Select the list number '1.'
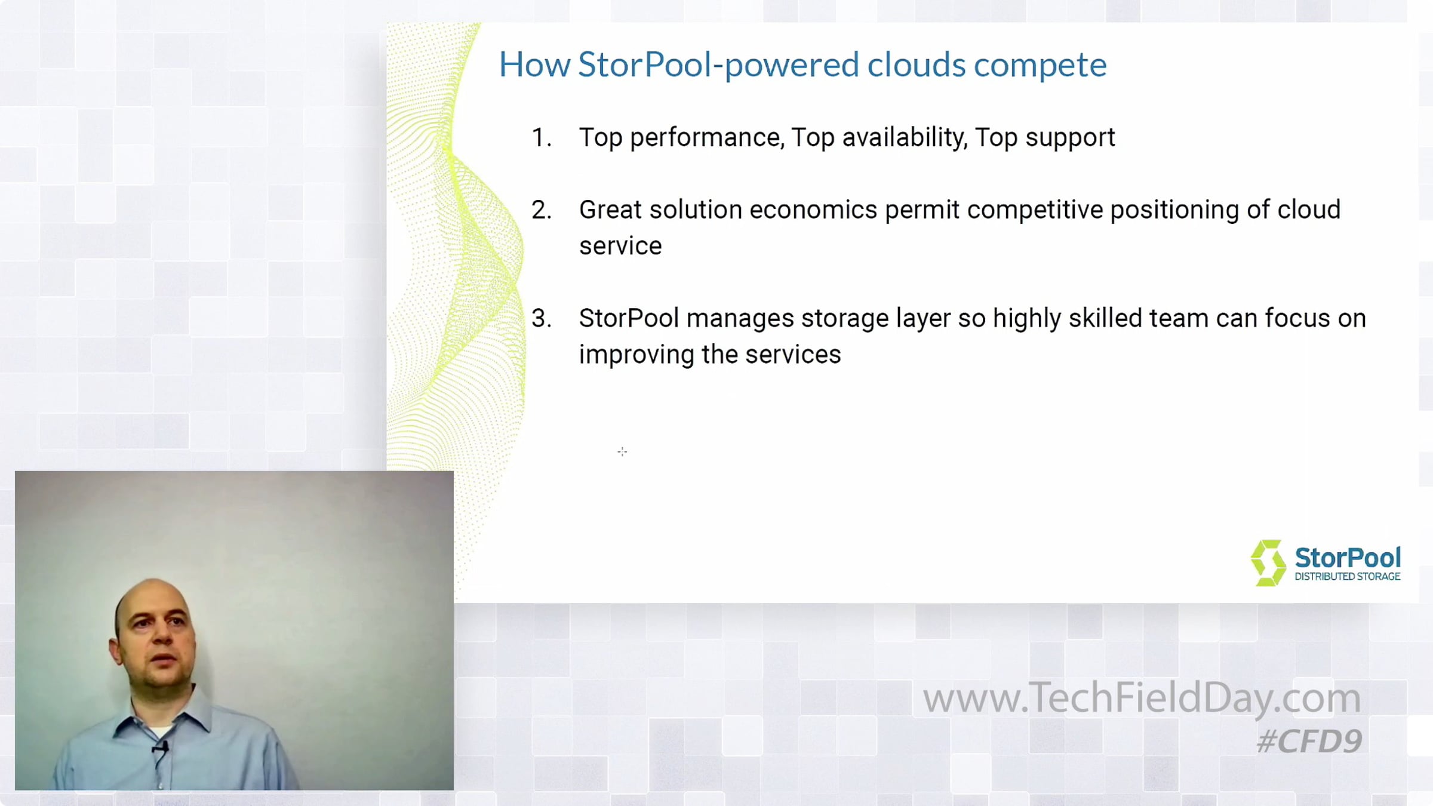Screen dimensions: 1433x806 [541, 138]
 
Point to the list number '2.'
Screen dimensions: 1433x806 [542, 210]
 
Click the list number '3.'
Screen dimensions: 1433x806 [542, 318]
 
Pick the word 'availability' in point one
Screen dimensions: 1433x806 [904, 139]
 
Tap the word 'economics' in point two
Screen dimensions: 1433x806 [813, 210]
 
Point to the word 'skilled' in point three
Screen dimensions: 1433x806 [1105, 318]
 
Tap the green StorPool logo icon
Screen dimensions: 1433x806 [1268, 563]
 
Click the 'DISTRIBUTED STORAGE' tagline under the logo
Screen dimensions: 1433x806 [1347, 577]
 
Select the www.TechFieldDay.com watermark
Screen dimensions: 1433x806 [1142, 698]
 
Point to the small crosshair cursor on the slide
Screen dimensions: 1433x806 [622, 452]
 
